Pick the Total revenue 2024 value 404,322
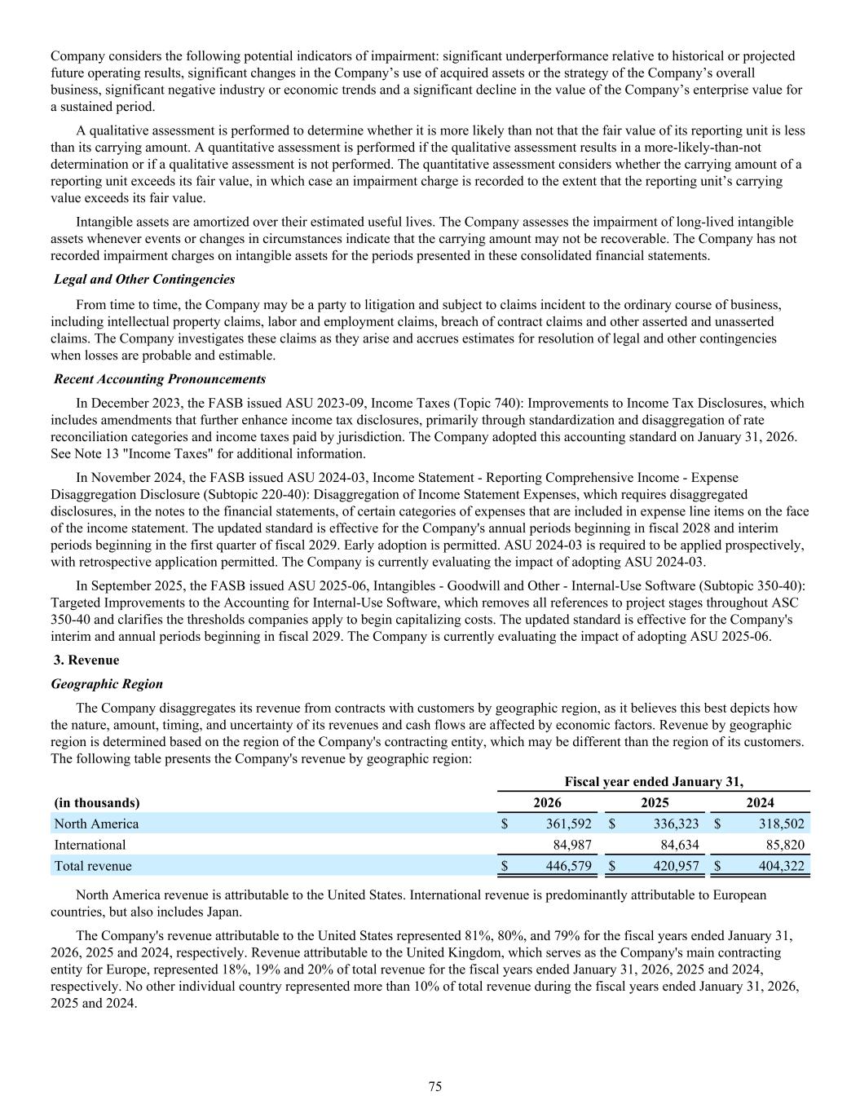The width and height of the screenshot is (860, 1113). (781, 866)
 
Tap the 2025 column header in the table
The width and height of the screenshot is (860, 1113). (655, 802)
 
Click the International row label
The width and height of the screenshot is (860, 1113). (90, 845)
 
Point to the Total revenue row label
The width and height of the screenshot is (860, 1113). (93, 866)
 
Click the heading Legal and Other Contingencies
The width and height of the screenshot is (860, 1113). (144, 280)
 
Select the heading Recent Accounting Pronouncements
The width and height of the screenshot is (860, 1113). (160, 379)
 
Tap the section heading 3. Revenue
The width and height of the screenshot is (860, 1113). (86, 660)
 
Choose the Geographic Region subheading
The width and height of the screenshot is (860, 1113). (107, 684)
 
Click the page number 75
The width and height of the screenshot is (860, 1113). (435, 1086)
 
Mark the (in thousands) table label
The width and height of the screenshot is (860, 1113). (97, 802)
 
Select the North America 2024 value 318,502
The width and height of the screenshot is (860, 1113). (781, 824)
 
